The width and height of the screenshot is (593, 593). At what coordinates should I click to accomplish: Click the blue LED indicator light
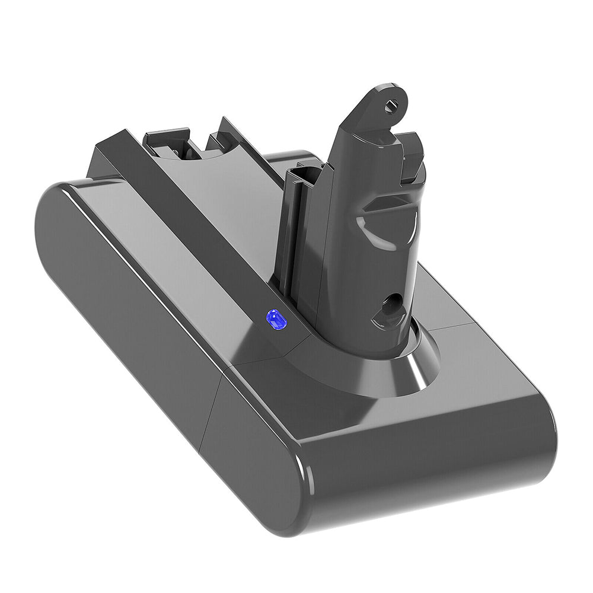276,319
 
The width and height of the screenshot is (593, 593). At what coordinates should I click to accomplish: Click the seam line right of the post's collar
451,329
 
